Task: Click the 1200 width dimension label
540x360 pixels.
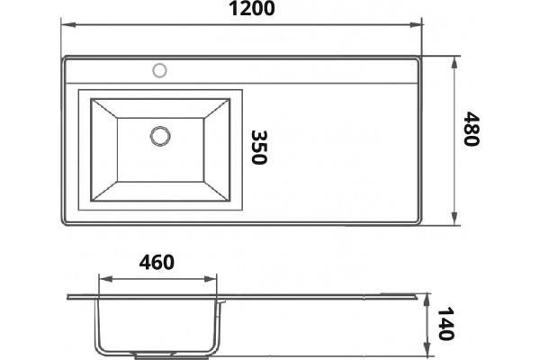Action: pos(252,9)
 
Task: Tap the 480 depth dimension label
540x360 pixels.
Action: pos(471,129)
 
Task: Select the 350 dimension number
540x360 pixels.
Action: pos(258,147)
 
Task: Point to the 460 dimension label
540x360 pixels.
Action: pos(157,263)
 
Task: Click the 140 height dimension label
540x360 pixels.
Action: pos(445,324)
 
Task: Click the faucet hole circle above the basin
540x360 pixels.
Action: pos(159,70)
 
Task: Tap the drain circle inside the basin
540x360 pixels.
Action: pos(160,136)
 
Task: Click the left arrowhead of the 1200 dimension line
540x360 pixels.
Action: pos(68,25)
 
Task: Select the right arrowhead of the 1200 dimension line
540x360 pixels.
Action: pos(415,25)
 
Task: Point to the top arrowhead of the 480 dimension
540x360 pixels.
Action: pos(454,63)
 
